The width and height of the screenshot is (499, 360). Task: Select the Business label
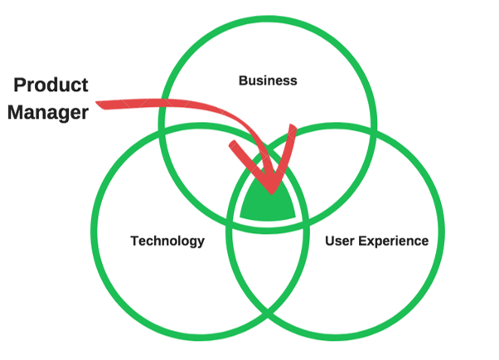coord(267,80)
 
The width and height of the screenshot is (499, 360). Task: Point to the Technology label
coord(167,241)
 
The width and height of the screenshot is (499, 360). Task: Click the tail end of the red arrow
coord(99,104)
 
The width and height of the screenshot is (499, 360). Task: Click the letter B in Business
coord(242,80)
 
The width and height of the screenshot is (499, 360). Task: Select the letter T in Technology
coord(134,241)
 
